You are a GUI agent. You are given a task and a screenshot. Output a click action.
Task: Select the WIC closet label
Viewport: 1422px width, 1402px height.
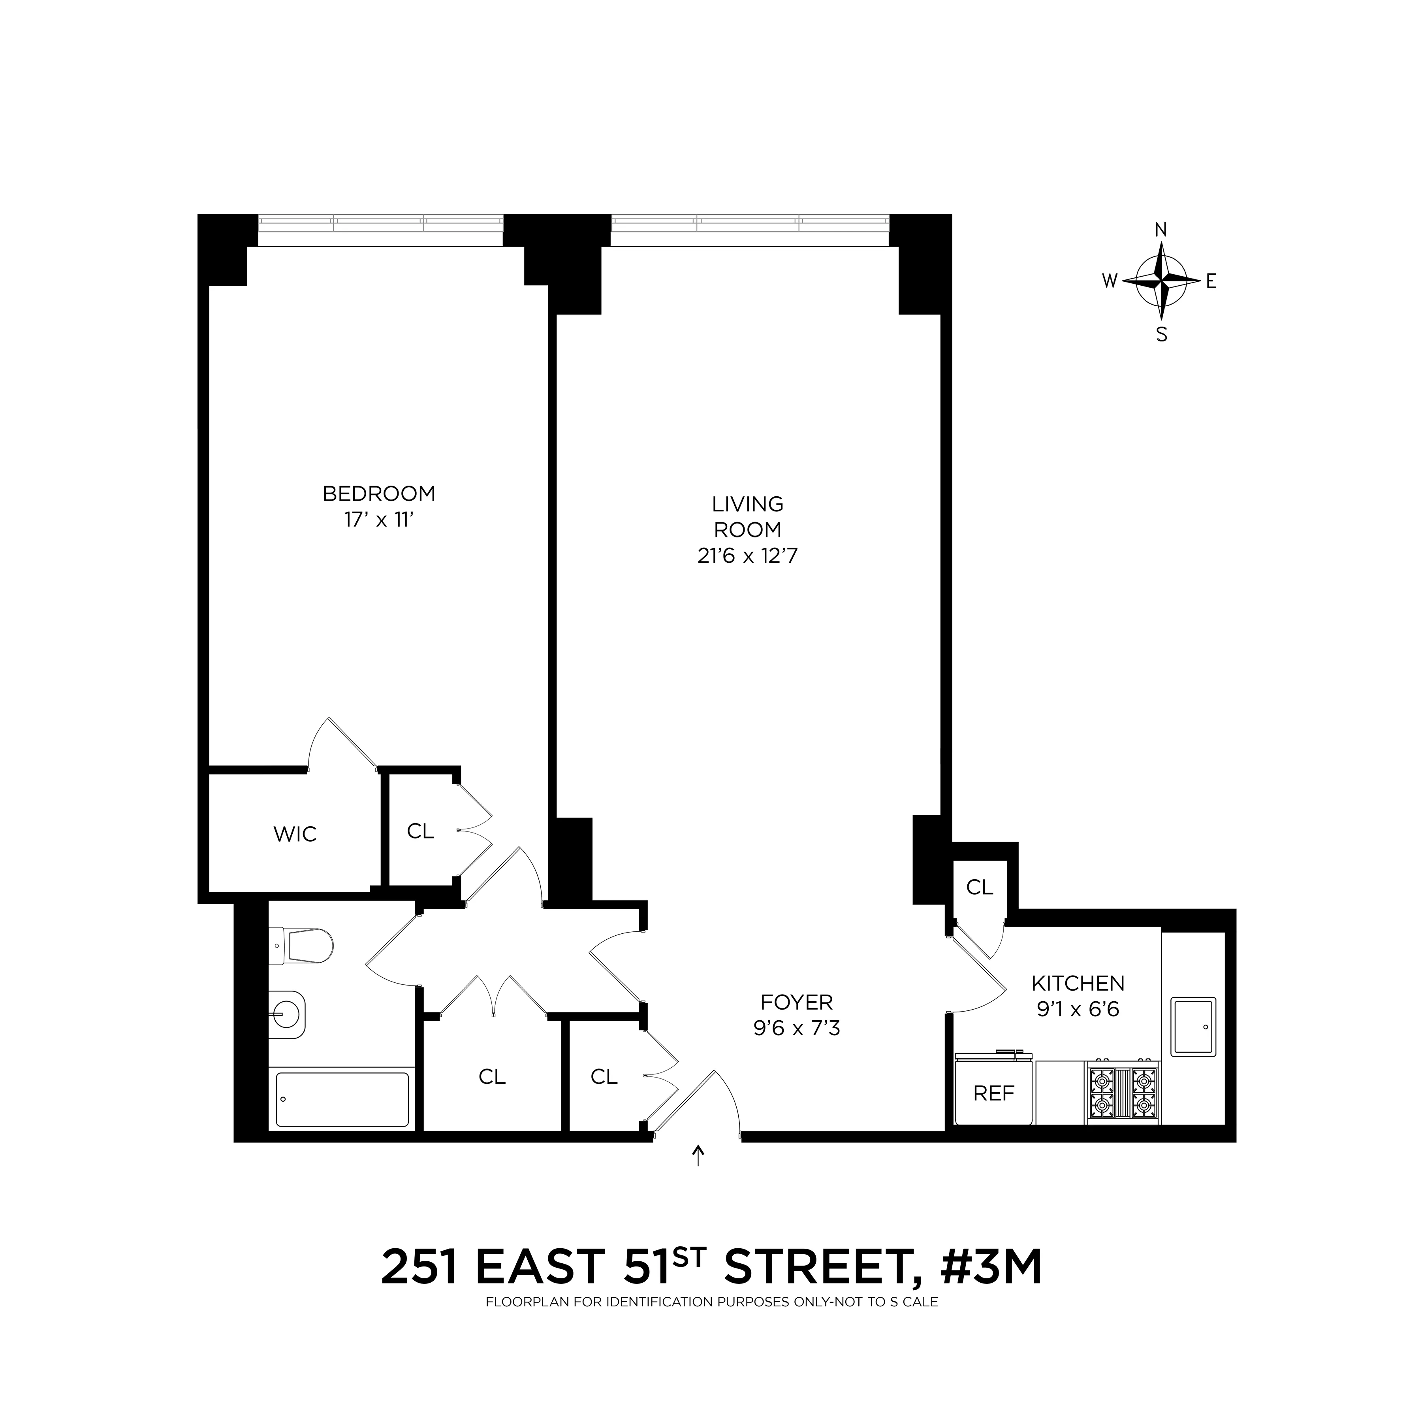coord(295,834)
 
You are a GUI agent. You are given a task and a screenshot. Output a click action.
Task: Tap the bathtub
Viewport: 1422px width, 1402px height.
coord(342,1099)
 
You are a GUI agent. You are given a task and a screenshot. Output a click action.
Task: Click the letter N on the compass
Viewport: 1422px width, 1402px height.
coord(1161,230)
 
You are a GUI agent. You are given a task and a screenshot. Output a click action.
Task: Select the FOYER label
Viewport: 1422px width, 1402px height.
coord(796,1002)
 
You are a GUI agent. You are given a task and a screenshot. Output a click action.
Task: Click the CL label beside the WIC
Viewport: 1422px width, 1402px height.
coord(420,831)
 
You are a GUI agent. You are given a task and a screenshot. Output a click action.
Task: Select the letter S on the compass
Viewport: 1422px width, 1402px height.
coord(1161,335)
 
